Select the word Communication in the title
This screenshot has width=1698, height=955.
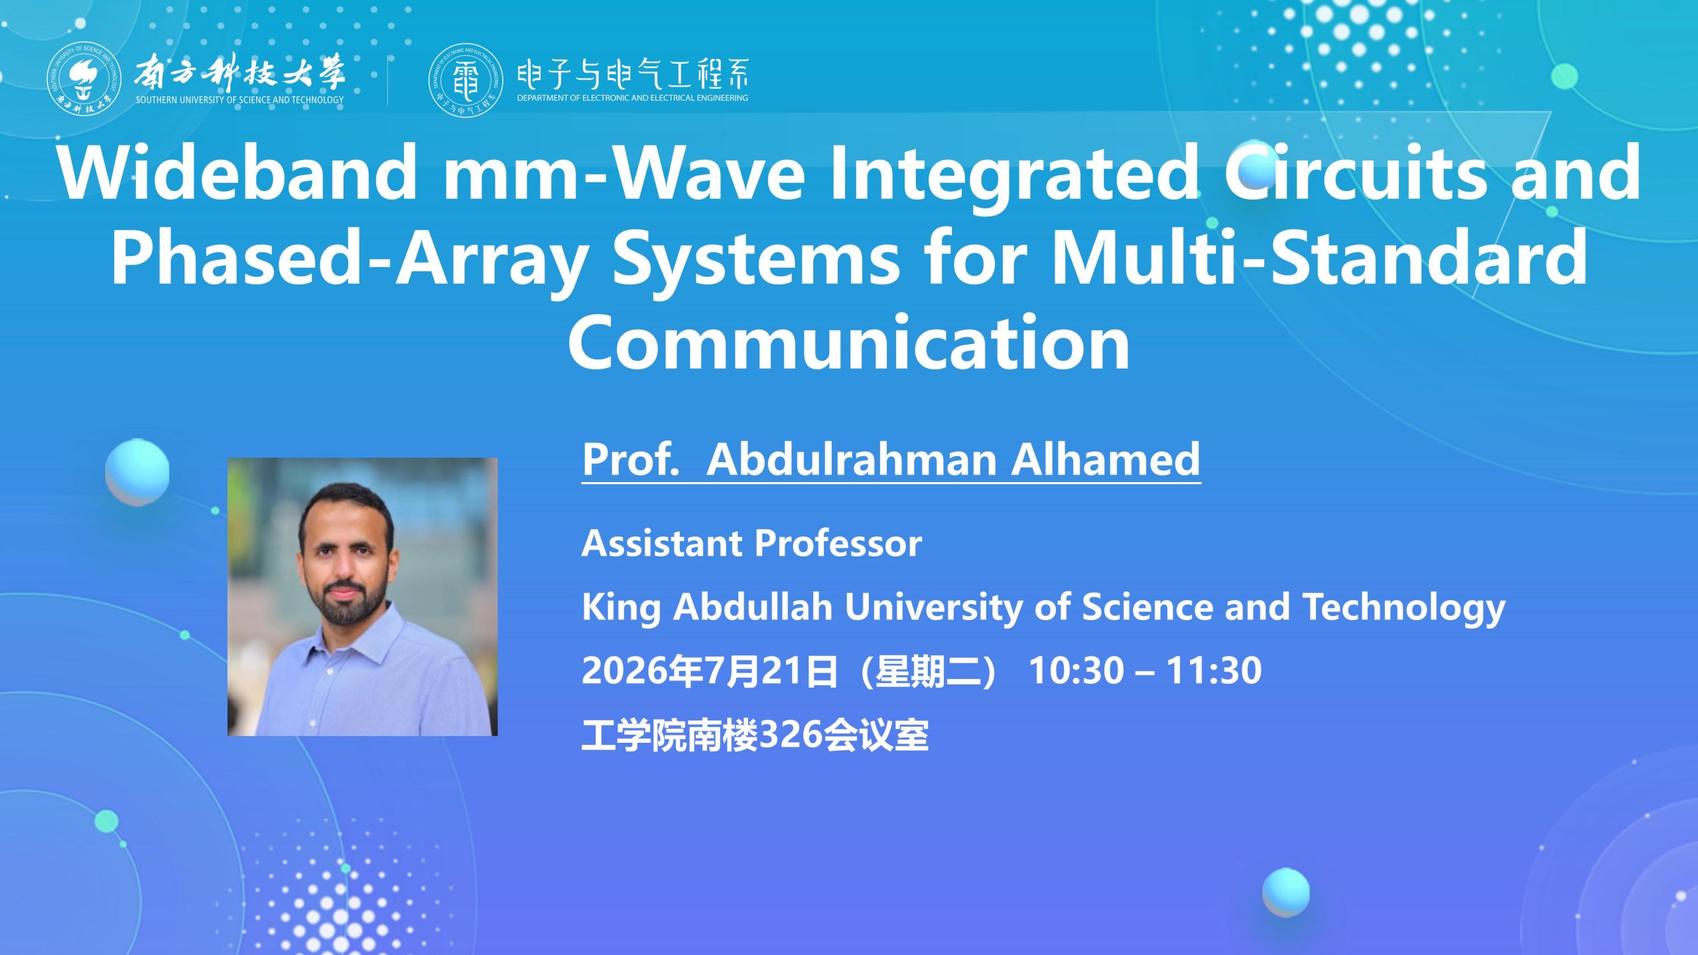(848, 342)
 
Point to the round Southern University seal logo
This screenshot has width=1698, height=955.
(84, 79)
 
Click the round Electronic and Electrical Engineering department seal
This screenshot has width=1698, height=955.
(466, 80)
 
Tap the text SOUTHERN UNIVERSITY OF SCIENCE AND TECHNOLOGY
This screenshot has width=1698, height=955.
(239, 100)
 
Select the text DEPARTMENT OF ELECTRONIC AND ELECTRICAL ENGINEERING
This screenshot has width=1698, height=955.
(632, 98)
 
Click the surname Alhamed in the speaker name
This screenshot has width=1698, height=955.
(1106, 459)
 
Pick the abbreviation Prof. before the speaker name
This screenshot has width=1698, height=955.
(630, 459)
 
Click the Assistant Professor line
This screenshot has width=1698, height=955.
(751, 543)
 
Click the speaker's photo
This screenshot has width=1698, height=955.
(362, 597)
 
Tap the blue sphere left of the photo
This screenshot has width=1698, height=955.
(137, 472)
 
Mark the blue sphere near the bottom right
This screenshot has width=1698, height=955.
(1286, 893)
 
